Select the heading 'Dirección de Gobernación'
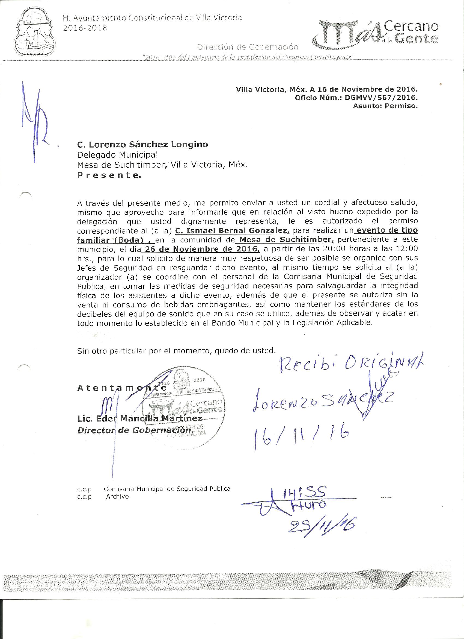point(247,47)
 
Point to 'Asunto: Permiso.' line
point(385,106)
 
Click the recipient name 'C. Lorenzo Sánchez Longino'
point(142,145)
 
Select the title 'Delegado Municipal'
point(117,155)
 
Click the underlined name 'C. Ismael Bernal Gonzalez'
point(232,230)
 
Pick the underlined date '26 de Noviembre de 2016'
point(201,249)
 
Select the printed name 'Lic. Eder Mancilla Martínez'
point(139,418)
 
